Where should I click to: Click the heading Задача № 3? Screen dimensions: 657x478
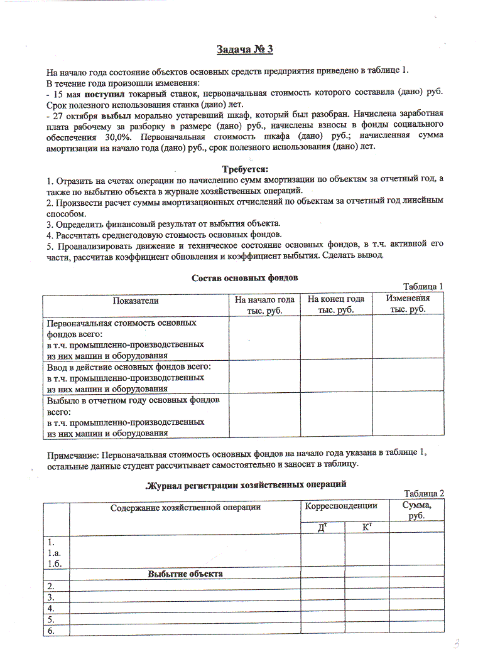pyautogui.click(x=245, y=50)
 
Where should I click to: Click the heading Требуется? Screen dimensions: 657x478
pyautogui.click(x=245, y=169)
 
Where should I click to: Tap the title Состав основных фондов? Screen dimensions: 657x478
pyautogui.click(x=244, y=277)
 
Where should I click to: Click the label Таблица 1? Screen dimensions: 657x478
pyautogui.click(x=423, y=286)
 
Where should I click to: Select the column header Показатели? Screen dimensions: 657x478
pyautogui.click(x=135, y=301)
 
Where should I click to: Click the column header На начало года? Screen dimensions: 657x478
pyautogui.click(x=264, y=300)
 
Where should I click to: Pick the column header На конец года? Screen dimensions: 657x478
pyautogui.click(x=336, y=300)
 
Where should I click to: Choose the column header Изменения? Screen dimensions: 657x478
pyautogui.click(x=408, y=299)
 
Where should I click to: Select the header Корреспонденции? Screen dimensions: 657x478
pyautogui.click(x=340, y=506)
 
